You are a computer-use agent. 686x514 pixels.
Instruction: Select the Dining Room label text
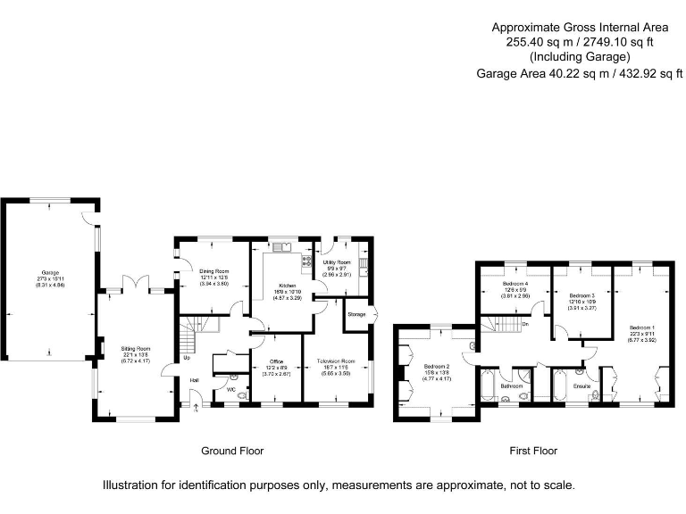coord(214,270)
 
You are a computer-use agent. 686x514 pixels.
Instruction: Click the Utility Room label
coord(337,263)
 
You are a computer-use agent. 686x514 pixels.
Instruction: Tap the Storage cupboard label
coord(357,314)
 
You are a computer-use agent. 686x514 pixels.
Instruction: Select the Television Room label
coord(337,361)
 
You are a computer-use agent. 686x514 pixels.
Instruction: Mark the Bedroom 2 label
coord(437,367)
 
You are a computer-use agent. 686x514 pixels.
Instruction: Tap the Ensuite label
coord(581,385)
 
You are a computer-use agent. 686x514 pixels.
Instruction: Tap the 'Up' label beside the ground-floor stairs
coord(187,359)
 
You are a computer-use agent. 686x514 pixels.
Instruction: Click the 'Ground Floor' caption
coord(233,451)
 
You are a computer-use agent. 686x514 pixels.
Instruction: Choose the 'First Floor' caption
coord(533,451)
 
